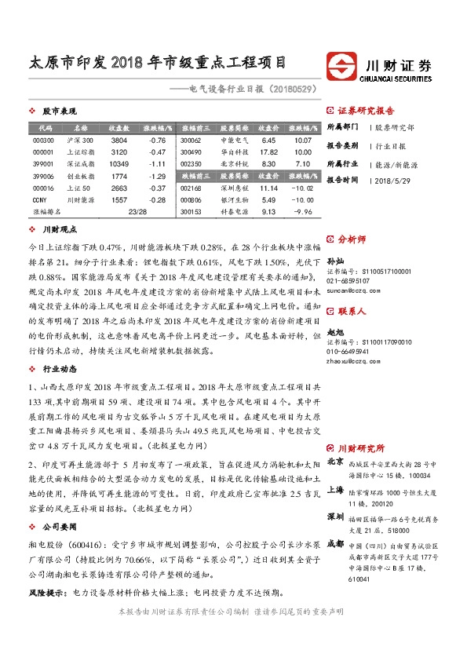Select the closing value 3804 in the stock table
click(x=119, y=140)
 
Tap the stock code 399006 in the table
click(x=42, y=177)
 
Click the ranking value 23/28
click(x=137, y=212)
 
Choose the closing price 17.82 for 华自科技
click(x=268, y=152)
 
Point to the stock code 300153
click(x=191, y=212)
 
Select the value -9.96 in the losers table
click(x=302, y=212)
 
